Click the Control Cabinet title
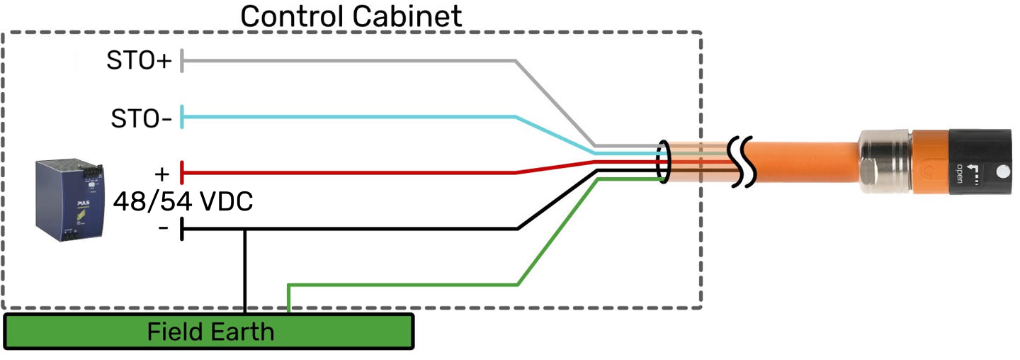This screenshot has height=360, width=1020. (351, 16)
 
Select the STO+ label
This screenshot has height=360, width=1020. (139, 61)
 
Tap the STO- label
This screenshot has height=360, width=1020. (141, 118)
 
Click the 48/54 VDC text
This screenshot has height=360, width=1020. (183, 202)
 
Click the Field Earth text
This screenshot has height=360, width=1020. (210, 331)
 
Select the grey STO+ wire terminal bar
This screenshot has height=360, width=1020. (183, 61)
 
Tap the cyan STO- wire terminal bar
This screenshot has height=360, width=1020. (183, 117)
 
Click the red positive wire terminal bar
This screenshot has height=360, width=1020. (183, 172)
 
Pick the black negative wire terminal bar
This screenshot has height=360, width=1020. (183, 229)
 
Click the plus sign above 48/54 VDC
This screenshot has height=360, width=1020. (163, 174)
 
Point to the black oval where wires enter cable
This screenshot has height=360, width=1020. (664, 162)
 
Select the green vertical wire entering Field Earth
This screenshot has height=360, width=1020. (288, 298)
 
